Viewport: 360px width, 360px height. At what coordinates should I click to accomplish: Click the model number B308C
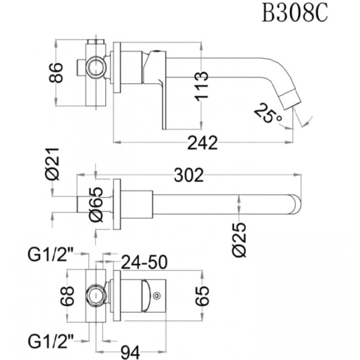(295, 13)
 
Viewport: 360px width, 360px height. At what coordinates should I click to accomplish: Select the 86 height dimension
(56, 73)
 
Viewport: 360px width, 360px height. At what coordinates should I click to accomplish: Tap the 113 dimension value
(201, 86)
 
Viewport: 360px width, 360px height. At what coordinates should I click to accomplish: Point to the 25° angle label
(268, 113)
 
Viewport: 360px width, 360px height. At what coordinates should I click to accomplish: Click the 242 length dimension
(202, 143)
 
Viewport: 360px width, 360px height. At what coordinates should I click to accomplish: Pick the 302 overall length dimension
(189, 175)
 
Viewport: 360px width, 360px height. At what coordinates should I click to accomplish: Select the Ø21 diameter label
(52, 164)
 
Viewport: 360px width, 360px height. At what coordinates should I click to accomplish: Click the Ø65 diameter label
(96, 205)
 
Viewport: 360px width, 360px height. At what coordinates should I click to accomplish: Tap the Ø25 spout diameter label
(239, 239)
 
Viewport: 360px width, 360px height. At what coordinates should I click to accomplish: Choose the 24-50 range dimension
(144, 262)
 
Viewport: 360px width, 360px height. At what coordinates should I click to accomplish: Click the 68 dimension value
(67, 296)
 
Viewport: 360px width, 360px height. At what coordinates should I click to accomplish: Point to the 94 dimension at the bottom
(130, 353)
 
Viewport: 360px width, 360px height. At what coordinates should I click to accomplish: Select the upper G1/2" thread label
(50, 255)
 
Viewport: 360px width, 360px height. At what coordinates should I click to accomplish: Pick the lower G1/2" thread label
(50, 341)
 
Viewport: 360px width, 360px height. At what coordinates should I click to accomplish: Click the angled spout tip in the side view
(291, 99)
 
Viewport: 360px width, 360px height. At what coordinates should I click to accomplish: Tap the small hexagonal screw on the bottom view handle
(157, 295)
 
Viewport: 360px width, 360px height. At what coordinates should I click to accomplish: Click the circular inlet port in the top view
(97, 67)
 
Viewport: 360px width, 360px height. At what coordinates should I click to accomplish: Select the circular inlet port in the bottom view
(96, 295)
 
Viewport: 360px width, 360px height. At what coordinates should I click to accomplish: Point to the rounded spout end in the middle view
(295, 205)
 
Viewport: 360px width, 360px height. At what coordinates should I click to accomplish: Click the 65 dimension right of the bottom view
(202, 296)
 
